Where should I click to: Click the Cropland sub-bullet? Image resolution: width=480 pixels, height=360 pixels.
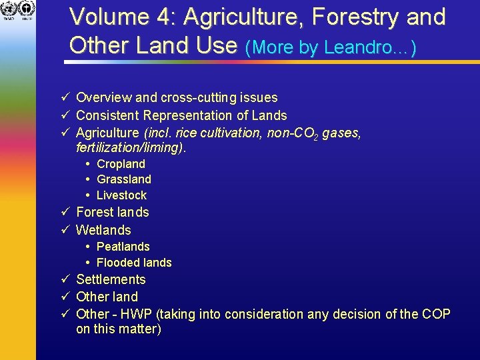tap(121, 164)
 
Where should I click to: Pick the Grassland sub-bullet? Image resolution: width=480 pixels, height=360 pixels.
tap(124, 179)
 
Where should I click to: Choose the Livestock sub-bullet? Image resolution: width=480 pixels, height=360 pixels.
tap(121, 195)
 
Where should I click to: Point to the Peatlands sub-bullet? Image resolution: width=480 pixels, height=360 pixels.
tap(123, 247)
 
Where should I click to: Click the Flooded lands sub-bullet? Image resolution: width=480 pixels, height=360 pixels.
tap(134, 263)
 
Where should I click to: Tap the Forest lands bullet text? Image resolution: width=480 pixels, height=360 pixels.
tap(113, 213)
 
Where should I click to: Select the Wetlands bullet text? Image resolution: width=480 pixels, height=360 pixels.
tap(103, 230)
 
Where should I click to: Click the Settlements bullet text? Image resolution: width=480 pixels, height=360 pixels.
tap(111, 279)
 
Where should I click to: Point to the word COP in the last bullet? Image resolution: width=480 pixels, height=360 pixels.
tap(437, 314)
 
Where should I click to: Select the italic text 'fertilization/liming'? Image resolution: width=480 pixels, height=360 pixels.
tap(129, 148)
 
